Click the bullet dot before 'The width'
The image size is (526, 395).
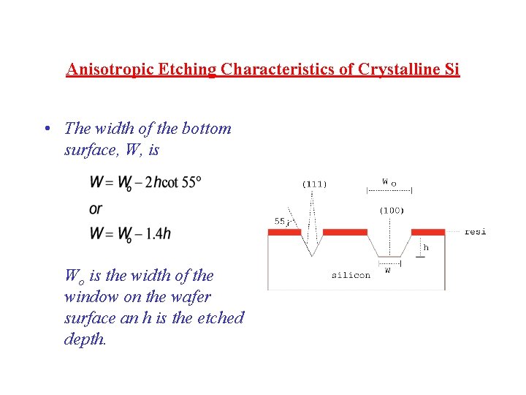click(x=47, y=129)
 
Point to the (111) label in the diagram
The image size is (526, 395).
click(x=314, y=184)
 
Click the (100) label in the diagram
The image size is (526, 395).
click(x=391, y=211)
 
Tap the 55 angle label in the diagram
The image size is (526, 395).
click(x=280, y=221)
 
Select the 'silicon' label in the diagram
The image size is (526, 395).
click(x=351, y=276)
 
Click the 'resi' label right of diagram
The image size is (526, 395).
click(x=476, y=232)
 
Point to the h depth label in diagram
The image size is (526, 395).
click(x=426, y=247)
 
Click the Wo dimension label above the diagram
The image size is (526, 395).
click(x=389, y=181)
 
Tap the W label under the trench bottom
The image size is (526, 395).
click(x=387, y=270)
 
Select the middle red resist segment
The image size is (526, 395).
click(x=345, y=232)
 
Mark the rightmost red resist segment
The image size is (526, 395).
click(x=427, y=232)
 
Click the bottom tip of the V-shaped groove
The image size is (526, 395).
click(x=312, y=255)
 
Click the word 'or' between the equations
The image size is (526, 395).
click(x=96, y=208)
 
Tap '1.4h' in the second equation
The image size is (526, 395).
click(x=159, y=233)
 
